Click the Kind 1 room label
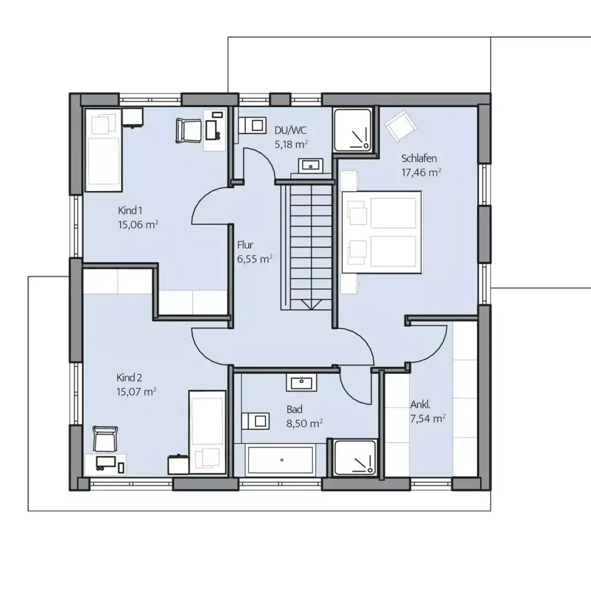pos(130,210)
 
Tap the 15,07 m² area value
pos(136,392)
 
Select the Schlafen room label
pos(419,158)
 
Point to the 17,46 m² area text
pos(421,172)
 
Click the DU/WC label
pos(290,130)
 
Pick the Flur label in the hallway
pos(245,245)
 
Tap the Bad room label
pos(294,409)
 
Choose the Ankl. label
pos(420,405)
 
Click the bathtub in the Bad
pos(280,460)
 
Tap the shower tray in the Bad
pos(355,458)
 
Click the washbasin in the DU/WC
pos(311,165)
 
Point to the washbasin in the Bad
pos(301,382)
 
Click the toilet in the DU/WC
pos(252,125)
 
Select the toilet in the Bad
pos(255,421)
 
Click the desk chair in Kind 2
pos(105,439)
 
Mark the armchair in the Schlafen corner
pos(401,126)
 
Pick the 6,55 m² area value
pos(255,259)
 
